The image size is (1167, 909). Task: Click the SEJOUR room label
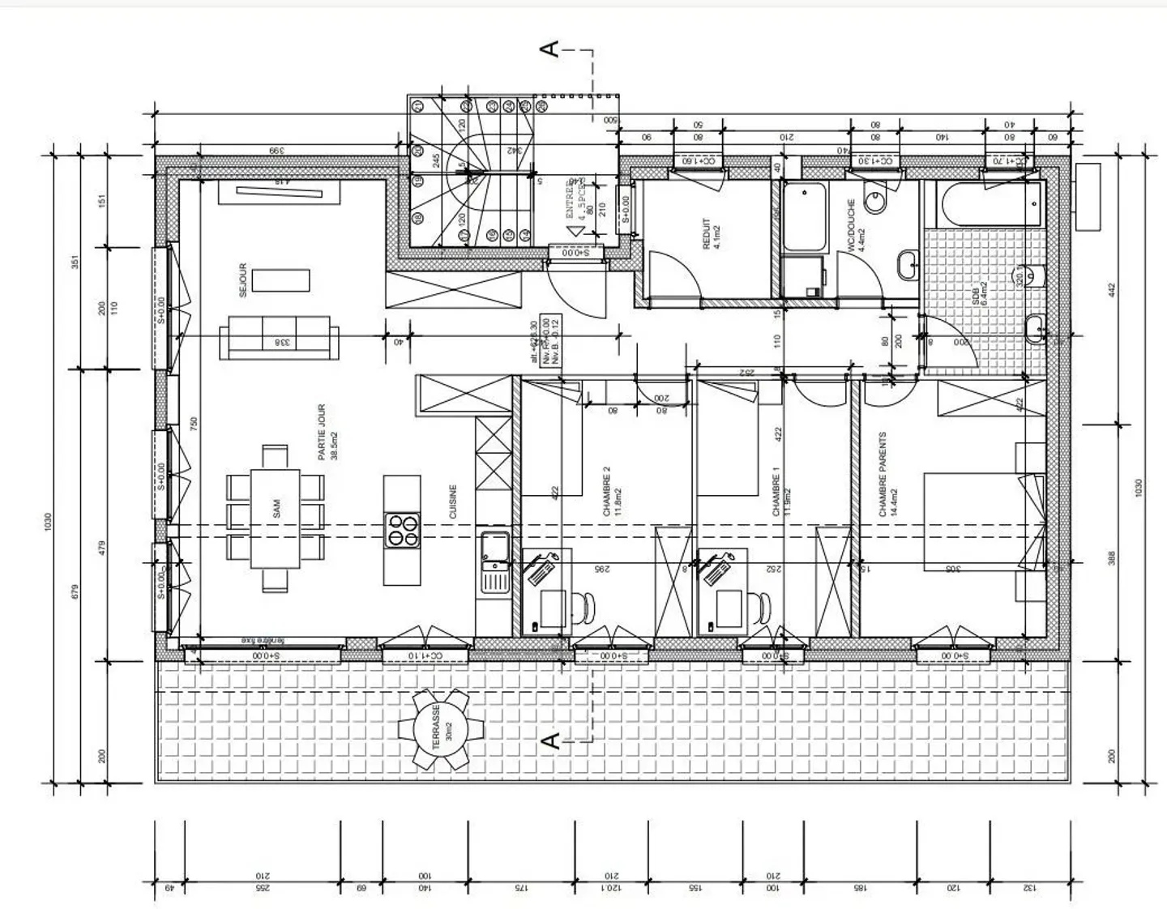243,280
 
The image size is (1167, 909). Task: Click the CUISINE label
452,502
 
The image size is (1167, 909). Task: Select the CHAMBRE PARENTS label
887,474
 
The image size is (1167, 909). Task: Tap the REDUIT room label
711,234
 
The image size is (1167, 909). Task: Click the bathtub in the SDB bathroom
989,204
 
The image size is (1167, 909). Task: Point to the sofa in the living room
279,338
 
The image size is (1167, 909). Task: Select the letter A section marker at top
549,49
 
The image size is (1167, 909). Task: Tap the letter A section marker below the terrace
549,741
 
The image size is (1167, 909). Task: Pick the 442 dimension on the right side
1112,288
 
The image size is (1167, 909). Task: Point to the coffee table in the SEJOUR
280,280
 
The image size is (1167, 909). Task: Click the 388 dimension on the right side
1112,558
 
